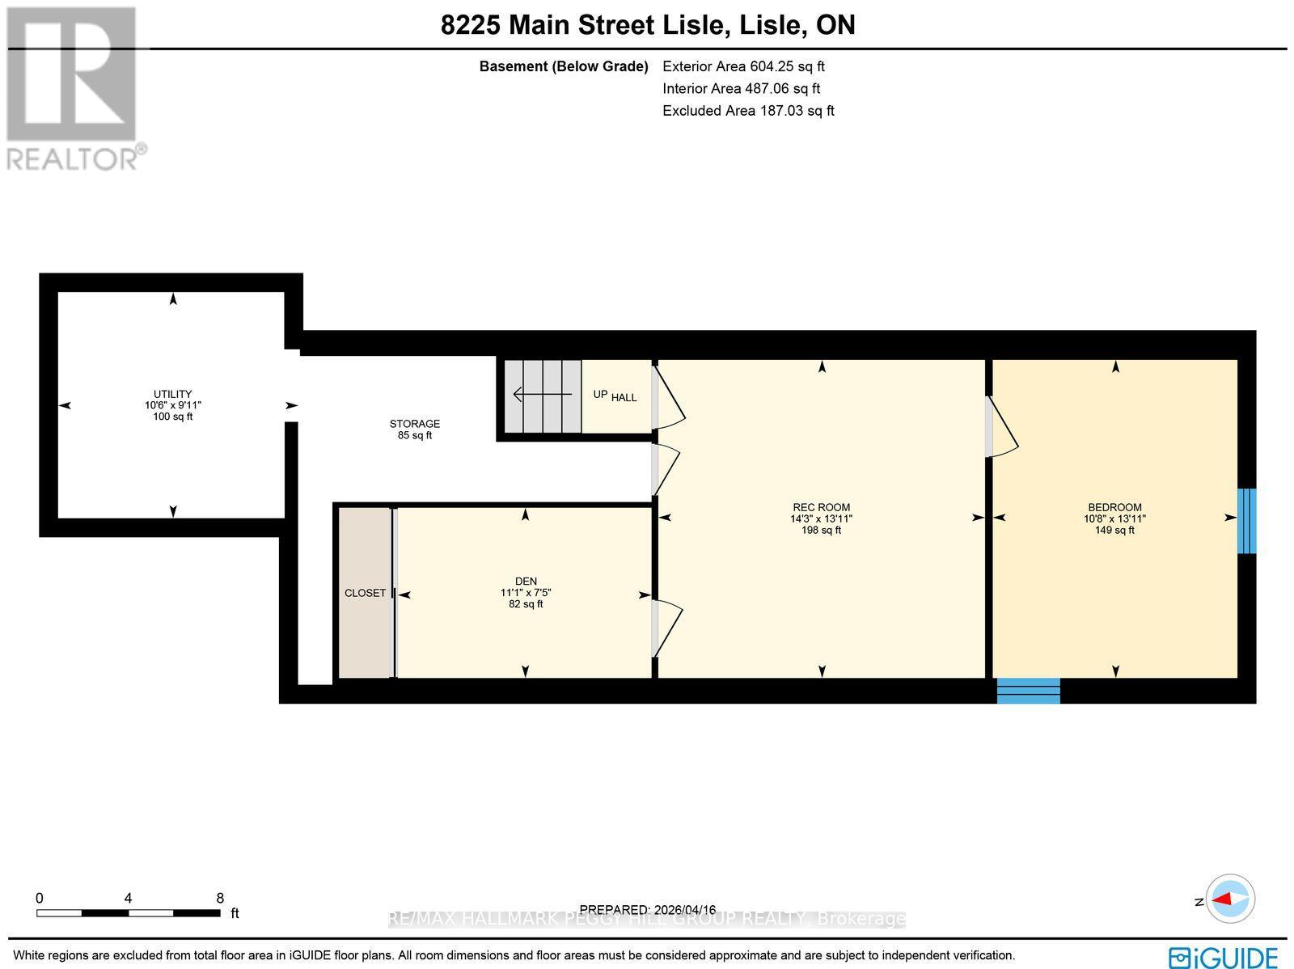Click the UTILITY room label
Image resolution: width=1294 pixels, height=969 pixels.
point(172,395)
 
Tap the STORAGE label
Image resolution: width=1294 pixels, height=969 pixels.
point(414,424)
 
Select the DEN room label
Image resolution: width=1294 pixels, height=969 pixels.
point(526,582)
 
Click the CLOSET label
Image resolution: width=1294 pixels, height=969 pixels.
point(365,593)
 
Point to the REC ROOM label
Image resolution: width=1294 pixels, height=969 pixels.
point(821,508)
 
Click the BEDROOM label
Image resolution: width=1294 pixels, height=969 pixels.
point(1114,508)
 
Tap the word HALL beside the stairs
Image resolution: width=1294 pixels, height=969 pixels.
point(624,397)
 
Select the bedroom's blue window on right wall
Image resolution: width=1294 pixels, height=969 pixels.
point(1247,521)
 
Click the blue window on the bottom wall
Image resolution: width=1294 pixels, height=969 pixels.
point(1028,691)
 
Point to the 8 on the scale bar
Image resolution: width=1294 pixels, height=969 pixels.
point(220,898)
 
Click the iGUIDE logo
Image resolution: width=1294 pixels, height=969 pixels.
point(1223,957)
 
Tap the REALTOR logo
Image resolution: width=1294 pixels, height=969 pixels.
point(74,89)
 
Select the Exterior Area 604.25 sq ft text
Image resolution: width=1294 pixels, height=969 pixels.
point(743,66)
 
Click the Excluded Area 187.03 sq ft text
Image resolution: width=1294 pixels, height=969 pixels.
point(748,111)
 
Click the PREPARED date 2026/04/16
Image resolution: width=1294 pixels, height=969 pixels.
point(648,910)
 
